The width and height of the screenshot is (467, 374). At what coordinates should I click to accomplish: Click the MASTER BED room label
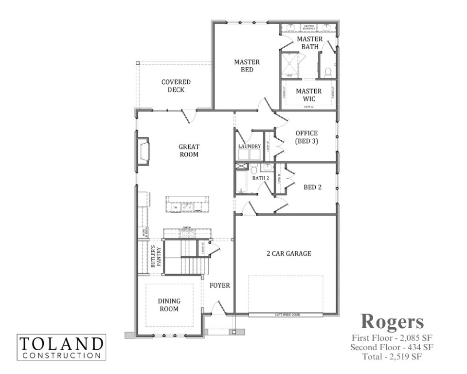247,66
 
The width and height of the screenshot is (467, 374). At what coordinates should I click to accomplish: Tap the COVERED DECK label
176,86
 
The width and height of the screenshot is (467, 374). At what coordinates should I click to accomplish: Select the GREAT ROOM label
189,150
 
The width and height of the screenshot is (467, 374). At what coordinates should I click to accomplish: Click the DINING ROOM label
168,305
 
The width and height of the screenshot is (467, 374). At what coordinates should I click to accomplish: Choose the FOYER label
220,285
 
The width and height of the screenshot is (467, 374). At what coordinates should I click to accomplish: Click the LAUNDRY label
250,146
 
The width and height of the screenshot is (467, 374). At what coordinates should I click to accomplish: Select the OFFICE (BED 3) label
306,137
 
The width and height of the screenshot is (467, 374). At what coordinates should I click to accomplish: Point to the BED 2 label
313,187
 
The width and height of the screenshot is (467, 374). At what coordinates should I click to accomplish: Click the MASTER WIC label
308,95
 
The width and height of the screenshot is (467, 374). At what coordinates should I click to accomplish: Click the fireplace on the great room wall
144,152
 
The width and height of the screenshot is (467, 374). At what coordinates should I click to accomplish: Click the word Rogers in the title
392,321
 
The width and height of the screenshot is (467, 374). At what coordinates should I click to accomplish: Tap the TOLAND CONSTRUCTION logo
61,347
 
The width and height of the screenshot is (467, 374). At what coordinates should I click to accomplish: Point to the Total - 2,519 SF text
392,356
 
